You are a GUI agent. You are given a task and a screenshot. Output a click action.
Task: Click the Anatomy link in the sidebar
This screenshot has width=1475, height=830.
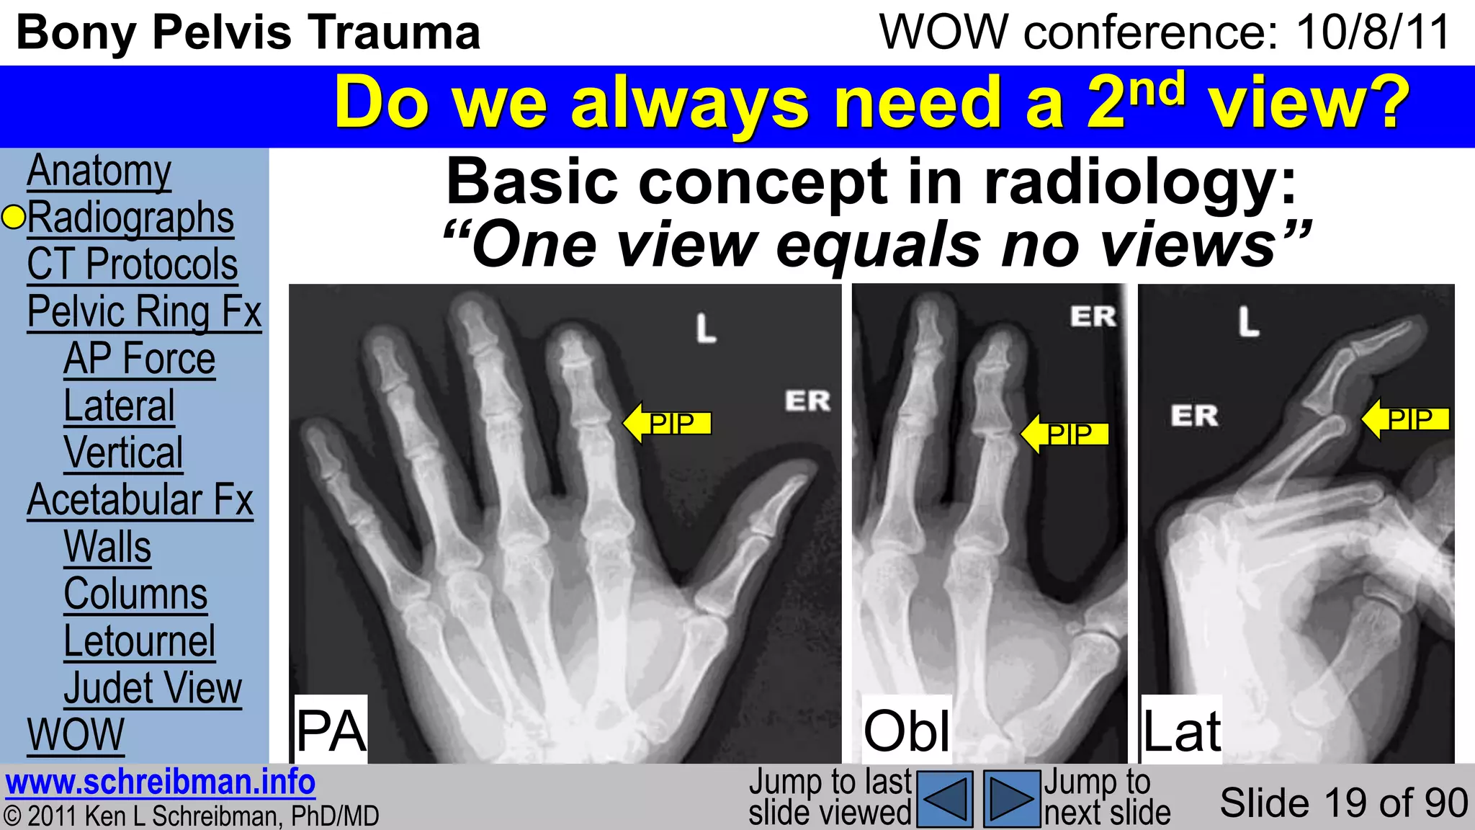tap(99, 171)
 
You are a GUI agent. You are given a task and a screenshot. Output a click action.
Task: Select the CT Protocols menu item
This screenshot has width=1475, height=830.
tap(132, 265)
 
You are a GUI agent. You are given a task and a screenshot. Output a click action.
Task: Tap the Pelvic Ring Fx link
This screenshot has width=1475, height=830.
tap(144, 312)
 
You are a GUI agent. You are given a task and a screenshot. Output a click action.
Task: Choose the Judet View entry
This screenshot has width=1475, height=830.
tap(153, 688)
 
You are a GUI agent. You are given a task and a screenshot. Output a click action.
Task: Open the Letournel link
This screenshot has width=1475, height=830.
tap(139, 641)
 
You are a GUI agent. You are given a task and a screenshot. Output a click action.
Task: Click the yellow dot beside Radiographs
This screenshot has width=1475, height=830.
tap(13, 217)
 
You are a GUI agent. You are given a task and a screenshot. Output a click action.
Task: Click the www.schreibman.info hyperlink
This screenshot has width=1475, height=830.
tap(160, 782)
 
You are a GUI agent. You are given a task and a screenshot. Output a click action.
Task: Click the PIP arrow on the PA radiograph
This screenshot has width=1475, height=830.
tap(667, 423)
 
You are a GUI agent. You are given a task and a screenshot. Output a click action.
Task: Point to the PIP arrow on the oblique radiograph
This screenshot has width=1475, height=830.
tap(1065, 434)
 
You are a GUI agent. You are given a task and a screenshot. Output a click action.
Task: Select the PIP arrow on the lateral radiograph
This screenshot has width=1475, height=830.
tap(1405, 419)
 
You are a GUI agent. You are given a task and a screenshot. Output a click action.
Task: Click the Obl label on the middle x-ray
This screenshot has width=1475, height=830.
tap(907, 731)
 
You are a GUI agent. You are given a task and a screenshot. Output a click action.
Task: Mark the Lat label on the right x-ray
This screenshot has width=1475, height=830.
tap(1181, 731)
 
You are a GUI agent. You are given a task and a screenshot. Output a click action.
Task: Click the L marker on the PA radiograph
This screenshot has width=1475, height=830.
tap(706, 329)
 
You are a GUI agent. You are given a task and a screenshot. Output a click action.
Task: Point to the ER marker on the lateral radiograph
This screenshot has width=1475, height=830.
tap(1193, 416)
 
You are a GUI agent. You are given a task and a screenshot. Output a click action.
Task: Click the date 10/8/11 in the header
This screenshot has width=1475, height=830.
tap(1373, 33)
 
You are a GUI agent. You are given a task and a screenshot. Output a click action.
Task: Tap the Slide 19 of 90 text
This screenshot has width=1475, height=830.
tap(1343, 803)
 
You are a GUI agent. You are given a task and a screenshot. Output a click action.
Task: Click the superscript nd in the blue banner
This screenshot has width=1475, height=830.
tap(1157, 89)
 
